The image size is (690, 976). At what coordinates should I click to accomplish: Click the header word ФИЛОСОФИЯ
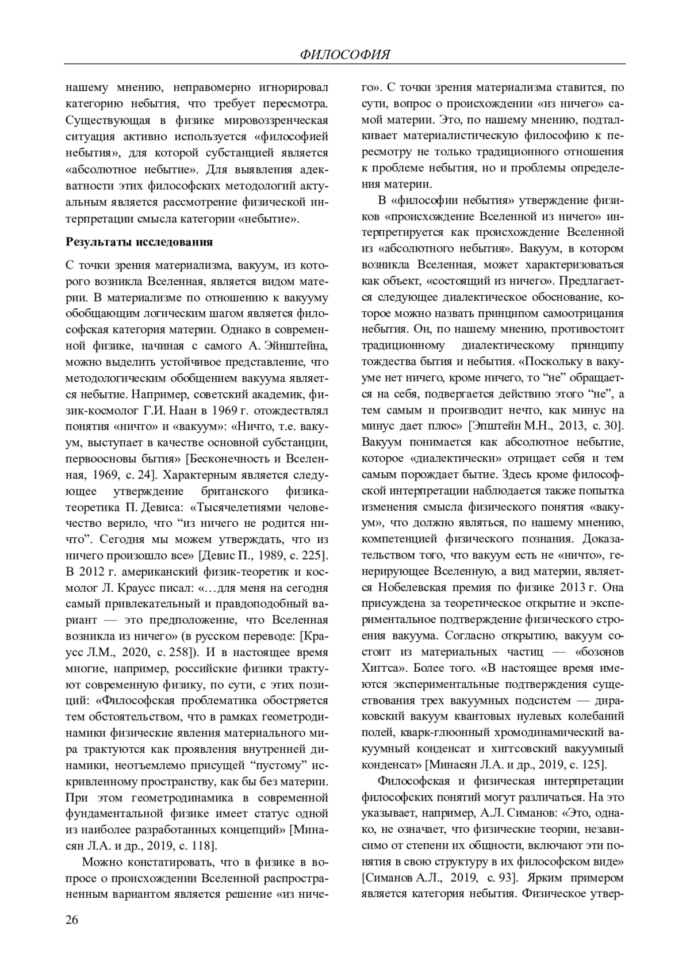point(345,55)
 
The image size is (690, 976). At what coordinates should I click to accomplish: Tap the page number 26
point(72,920)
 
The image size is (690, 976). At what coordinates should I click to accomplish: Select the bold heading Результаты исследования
point(139,242)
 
